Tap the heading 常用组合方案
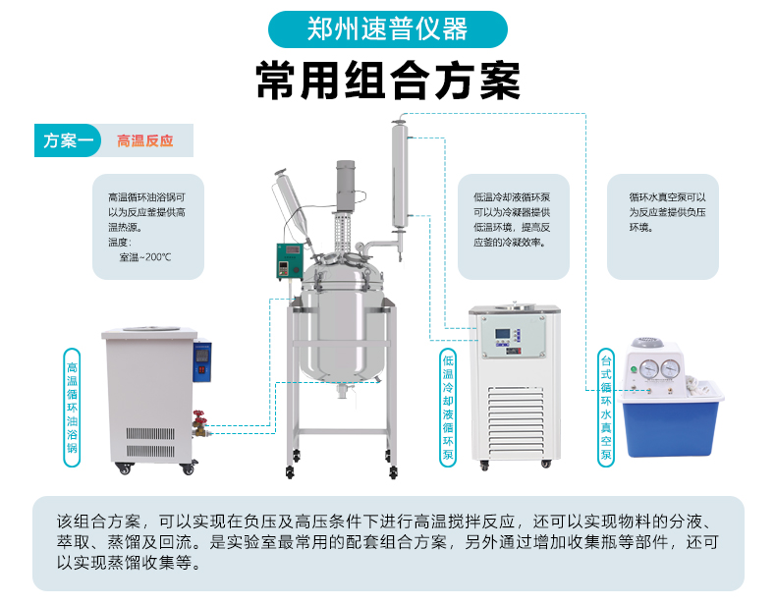tap(388, 81)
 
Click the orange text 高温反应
tap(144, 140)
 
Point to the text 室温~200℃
tap(144, 257)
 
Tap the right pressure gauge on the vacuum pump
tap(671, 369)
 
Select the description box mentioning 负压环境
tap(663, 226)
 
